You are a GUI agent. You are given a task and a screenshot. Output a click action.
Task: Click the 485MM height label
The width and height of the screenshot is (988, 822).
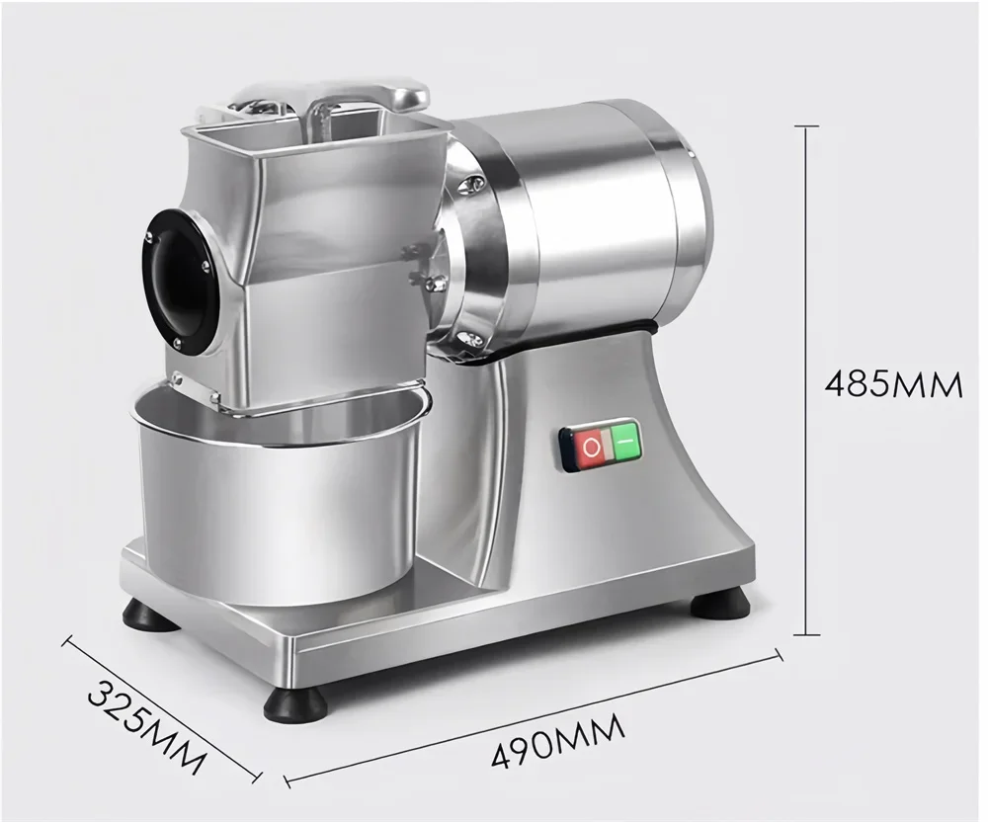(893, 382)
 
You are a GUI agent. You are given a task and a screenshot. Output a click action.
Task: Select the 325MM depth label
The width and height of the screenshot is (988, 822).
(147, 727)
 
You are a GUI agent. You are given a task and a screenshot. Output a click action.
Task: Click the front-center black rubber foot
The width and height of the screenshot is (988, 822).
(295, 704)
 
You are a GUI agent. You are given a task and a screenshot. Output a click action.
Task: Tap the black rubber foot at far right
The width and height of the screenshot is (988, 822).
(719, 603)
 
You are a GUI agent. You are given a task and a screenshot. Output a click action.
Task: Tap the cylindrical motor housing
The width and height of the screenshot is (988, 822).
(583, 217)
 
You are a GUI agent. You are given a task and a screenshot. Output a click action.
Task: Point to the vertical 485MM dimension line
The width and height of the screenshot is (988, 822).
(807, 296)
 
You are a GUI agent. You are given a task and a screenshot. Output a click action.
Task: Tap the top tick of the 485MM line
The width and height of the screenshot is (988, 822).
(807, 126)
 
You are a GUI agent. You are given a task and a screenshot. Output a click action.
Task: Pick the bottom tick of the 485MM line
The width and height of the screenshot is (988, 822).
(807, 634)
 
